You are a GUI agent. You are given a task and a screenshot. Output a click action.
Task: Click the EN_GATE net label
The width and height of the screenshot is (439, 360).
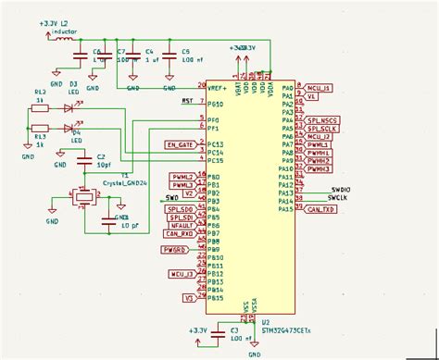(180, 144)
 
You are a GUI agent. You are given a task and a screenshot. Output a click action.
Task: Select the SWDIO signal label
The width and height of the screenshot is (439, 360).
(341, 189)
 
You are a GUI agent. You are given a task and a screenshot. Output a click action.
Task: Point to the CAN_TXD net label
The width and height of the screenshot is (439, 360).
(320, 210)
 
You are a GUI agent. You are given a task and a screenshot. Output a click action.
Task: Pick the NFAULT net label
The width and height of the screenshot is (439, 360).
(182, 226)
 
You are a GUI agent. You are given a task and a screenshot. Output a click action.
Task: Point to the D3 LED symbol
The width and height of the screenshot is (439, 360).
(70, 106)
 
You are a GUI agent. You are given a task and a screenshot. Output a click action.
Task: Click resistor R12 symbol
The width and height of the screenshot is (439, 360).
(40, 106)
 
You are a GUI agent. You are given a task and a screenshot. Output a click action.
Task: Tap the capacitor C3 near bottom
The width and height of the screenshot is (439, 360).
(219, 331)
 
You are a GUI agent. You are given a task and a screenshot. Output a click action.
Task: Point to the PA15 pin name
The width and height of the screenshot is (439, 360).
(285, 209)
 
